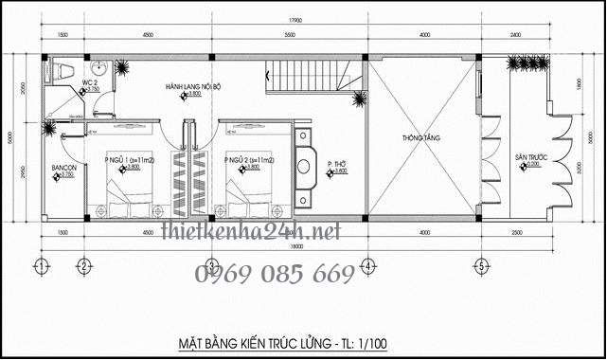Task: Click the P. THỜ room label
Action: pyautogui.click(x=337, y=162)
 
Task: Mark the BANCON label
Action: pyautogui.click(x=64, y=169)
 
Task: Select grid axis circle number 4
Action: pyautogui.click(x=366, y=266)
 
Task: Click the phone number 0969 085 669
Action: pyautogui.click(x=275, y=276)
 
